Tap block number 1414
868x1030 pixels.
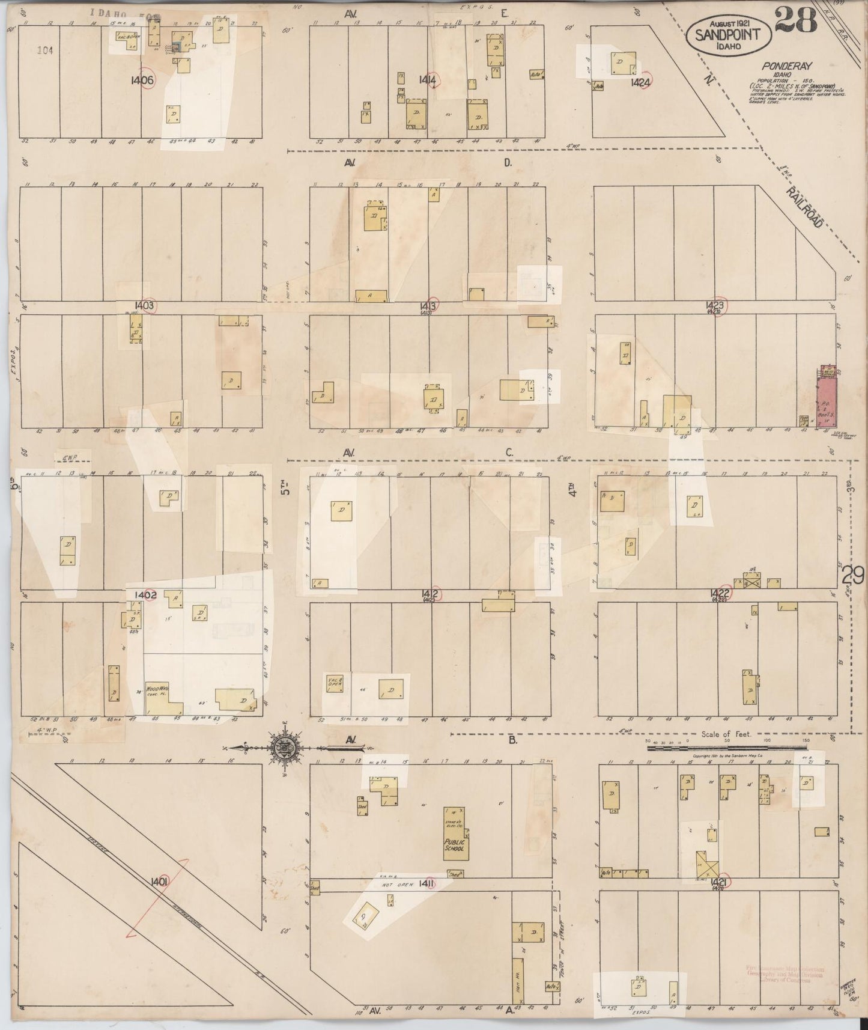click(428, 79)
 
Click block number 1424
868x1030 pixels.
click(641, 83)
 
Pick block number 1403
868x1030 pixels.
click(145, 305)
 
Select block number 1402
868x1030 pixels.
click(145, 595)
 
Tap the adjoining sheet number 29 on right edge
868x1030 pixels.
click(852, 576)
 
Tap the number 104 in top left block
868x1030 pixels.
click(44, 51)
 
